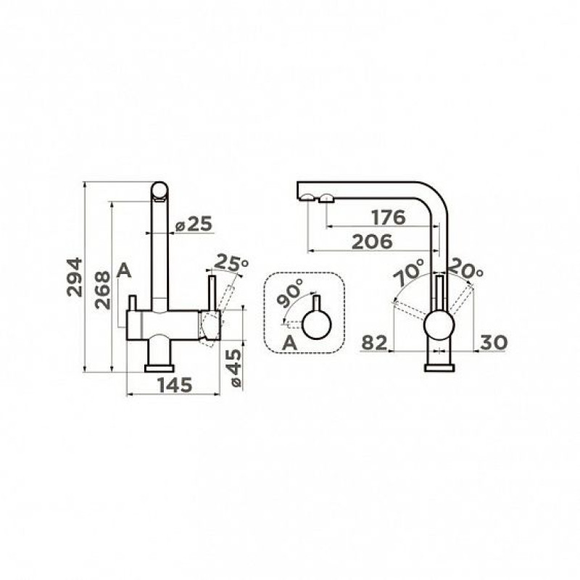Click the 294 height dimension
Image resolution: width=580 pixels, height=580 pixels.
click(x=75, y=277)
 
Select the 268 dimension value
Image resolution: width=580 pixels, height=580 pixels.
click(x=102, y=291)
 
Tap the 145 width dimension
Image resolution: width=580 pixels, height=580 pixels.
click(x=175, y=385)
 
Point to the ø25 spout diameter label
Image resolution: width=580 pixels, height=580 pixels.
click(x=194, y=224)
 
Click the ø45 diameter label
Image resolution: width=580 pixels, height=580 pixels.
click(x=236, y=368)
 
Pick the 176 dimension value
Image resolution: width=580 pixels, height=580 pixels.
click(x=389, y=217)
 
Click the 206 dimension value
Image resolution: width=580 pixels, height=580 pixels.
click(x=372, y=242)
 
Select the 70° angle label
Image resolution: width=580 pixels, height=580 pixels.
click(x=408, y=272)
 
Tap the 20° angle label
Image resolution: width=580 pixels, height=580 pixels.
click(x=465, y=269)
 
